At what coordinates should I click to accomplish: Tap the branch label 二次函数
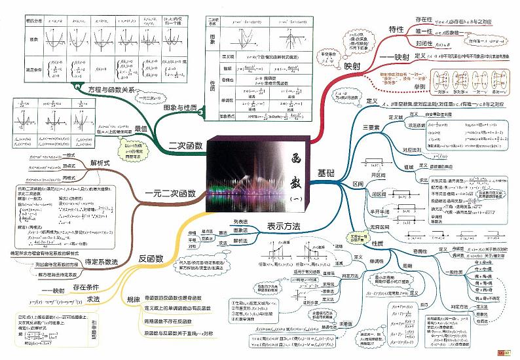click(185, 145)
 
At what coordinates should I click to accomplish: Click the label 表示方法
click(284, 226)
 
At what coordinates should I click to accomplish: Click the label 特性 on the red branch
click(396, 30)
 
